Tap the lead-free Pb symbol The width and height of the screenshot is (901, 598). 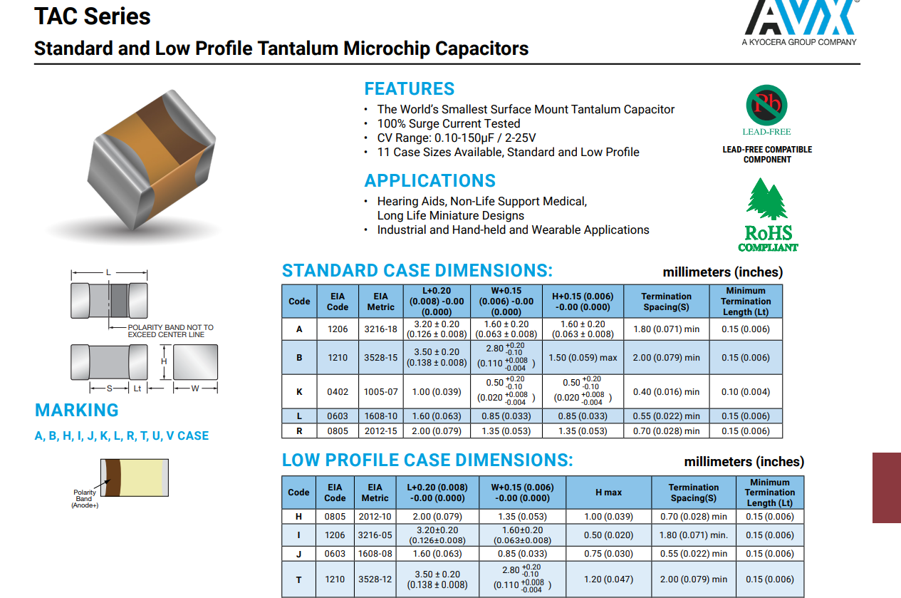[x=766, y=105]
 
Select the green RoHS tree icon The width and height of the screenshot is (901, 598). [x=766, y=199]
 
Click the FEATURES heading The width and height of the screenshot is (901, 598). [x=409, y=88]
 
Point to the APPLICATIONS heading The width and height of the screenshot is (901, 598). [x=429, y=181]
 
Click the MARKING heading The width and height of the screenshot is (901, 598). [x=76, y=410]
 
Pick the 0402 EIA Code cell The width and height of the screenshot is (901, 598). [x=338, y=391]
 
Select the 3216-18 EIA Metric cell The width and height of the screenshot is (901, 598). [x=380, y=329]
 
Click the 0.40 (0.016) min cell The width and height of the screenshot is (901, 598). [x=666, y=391]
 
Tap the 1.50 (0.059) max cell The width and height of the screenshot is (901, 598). [x=583, y=357]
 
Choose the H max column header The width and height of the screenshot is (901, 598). [x=608, y=493]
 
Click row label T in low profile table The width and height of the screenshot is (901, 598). [x=299, y=580]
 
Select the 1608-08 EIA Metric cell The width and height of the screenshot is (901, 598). [x=375, y=554]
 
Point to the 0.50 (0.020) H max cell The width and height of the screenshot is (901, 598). [x=608, y=535]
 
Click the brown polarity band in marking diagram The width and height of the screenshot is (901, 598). [x=113, y=478]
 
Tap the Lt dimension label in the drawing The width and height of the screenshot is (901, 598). [x=137, y=388]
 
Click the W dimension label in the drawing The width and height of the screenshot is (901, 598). [x=195, y=388]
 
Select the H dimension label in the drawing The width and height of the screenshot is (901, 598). [x=164, y=361]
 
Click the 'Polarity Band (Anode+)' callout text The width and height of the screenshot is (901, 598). [x=85, y=499]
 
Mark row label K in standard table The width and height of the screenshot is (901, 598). [x=299, y=391]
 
